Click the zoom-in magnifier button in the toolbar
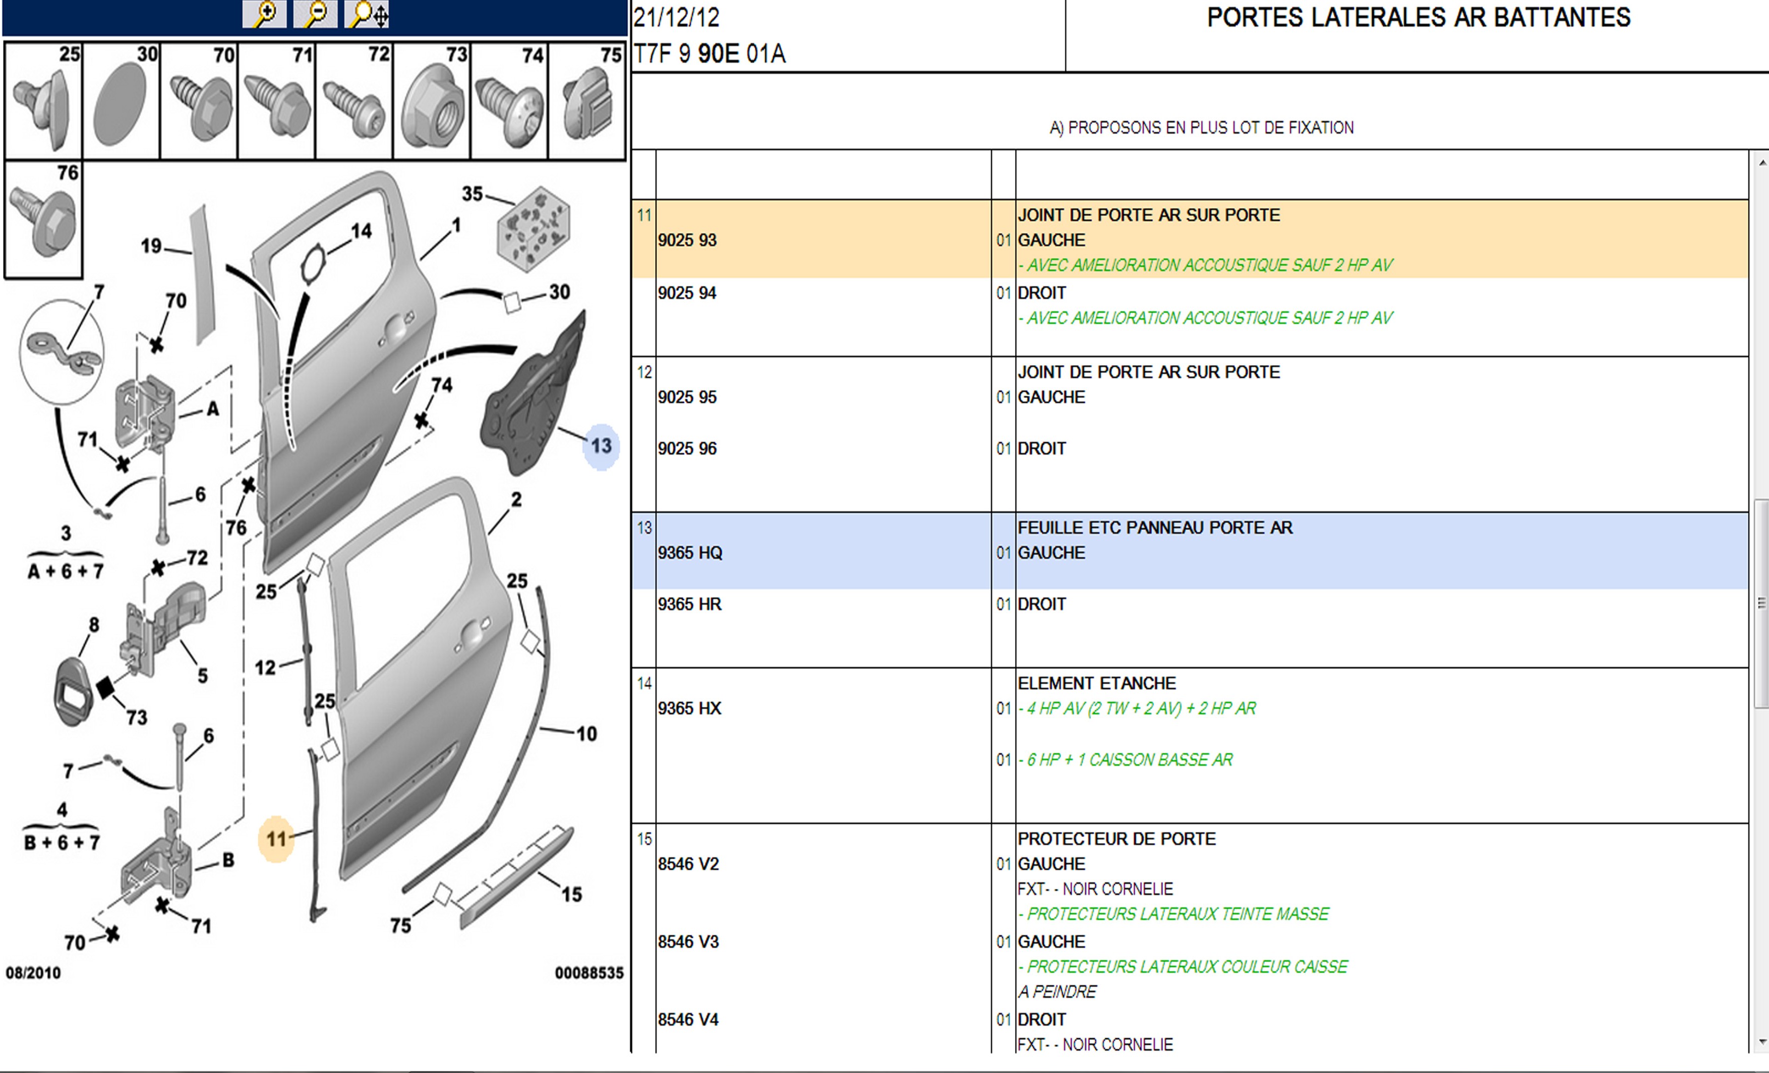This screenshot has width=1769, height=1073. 264,14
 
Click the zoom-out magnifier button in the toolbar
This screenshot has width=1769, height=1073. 315,14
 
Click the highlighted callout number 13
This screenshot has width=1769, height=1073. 601,446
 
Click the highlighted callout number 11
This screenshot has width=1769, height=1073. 276,839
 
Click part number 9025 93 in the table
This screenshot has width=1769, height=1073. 687,241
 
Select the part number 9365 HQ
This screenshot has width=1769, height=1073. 690,553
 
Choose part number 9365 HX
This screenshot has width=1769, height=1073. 689,709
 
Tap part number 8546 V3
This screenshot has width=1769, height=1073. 688,942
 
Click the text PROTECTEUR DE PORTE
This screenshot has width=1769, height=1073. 1116,840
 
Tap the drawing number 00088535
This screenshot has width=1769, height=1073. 588,973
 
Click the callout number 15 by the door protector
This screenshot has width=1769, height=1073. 571,895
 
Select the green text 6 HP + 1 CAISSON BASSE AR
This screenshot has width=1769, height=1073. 1129,760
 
